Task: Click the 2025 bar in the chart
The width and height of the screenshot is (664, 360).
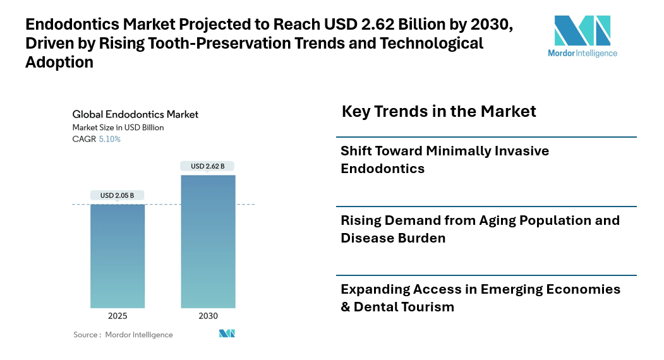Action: click(118, 256)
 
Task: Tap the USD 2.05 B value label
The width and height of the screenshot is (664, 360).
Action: click(118, 195)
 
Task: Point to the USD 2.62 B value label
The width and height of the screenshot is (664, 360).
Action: click(208, 166)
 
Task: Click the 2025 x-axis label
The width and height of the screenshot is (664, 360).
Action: click(118, 316)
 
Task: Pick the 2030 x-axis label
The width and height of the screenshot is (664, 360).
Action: click(208, 316)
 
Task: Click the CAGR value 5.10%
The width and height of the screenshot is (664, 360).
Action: click(109, 139)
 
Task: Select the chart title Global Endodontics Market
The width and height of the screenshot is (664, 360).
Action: click(135, 114)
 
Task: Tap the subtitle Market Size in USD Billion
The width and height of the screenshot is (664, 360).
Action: click(118, 128)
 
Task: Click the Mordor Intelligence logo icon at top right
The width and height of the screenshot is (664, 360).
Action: click(582, 30)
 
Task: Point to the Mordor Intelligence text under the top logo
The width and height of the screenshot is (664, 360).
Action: click(582, 54)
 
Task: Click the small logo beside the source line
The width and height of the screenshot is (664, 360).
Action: click(227, 333)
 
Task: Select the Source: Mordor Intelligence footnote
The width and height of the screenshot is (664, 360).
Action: click(123, 334)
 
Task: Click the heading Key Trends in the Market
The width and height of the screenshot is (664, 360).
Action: click(438, 112)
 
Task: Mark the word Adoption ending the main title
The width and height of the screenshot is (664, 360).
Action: click(59, 62)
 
